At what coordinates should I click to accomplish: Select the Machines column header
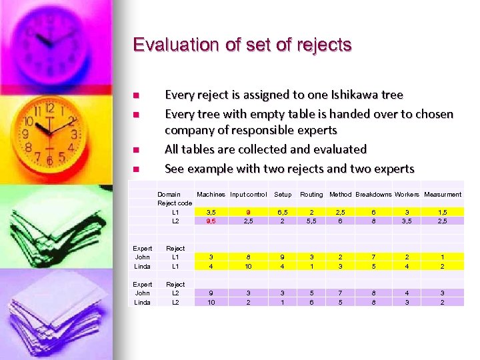point(211,195)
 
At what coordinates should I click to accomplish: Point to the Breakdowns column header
point(373,195)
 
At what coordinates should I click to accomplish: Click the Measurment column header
point(443,195)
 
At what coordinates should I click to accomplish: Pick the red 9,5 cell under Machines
point(211,221)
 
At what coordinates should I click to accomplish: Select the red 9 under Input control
point(248,212)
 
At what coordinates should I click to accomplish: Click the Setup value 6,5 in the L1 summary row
point(283,212)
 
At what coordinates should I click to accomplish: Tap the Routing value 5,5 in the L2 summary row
point(311,221)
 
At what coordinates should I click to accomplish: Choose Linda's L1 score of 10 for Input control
point(248,266)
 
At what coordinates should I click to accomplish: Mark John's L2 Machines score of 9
point(211,293)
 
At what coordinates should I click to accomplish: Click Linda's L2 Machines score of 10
point(211,301)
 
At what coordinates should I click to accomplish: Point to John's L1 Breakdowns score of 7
point(373,257)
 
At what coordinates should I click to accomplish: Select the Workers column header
point(407,195)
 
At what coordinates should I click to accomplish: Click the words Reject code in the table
point(175,203)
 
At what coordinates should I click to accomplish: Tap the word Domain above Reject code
point(169,195)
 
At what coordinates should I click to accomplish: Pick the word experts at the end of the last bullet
point(393,169)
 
